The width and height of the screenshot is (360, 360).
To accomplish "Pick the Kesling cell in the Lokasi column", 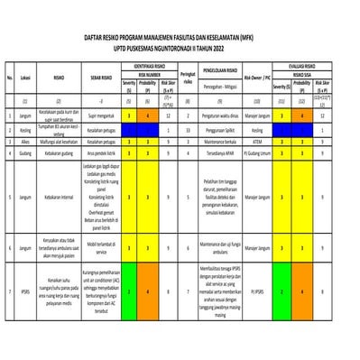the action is click(26, 130).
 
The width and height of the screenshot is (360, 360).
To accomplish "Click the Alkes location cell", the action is click(26, 142).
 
